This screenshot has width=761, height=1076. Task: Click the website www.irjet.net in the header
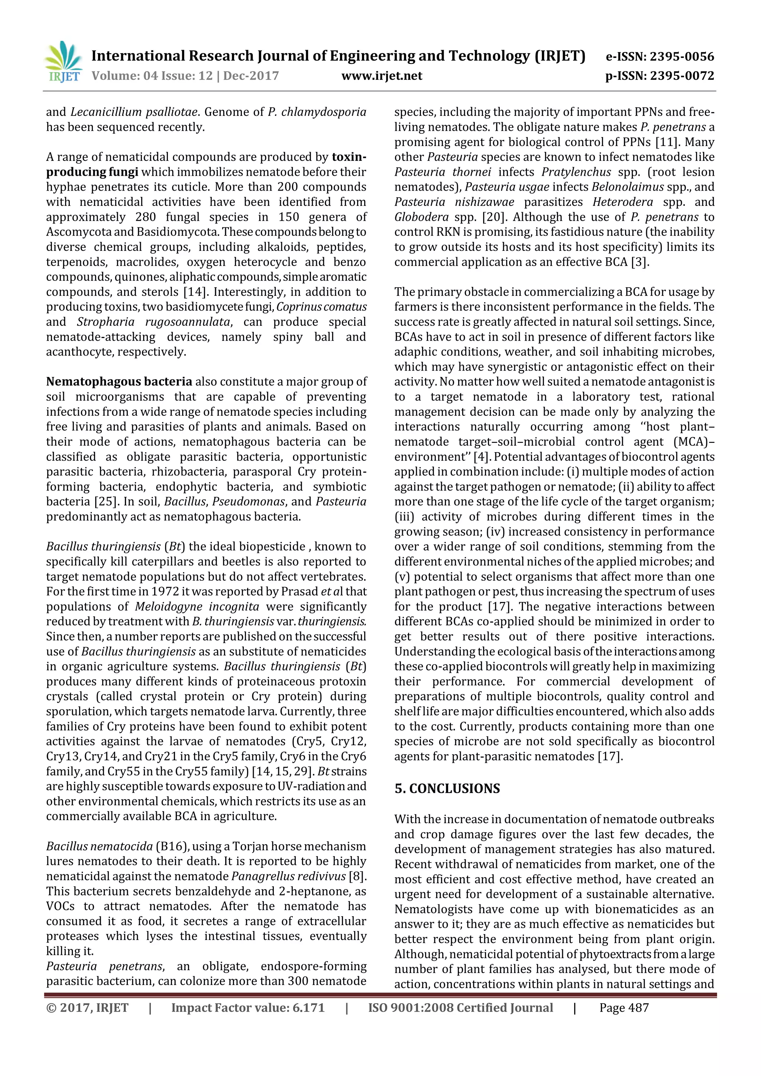(x=382, y=75)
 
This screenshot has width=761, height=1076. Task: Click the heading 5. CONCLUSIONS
(x=447, y=789)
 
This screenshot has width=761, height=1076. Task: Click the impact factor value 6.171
(x=308, y=1008)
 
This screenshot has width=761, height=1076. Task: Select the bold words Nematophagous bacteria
(x=119, y=382)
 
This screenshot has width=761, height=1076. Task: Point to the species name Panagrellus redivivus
(x=289, y=876)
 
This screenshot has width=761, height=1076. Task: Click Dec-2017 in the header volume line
(x=251, y=75)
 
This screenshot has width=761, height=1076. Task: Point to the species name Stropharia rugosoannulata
(x=154, y=322)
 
